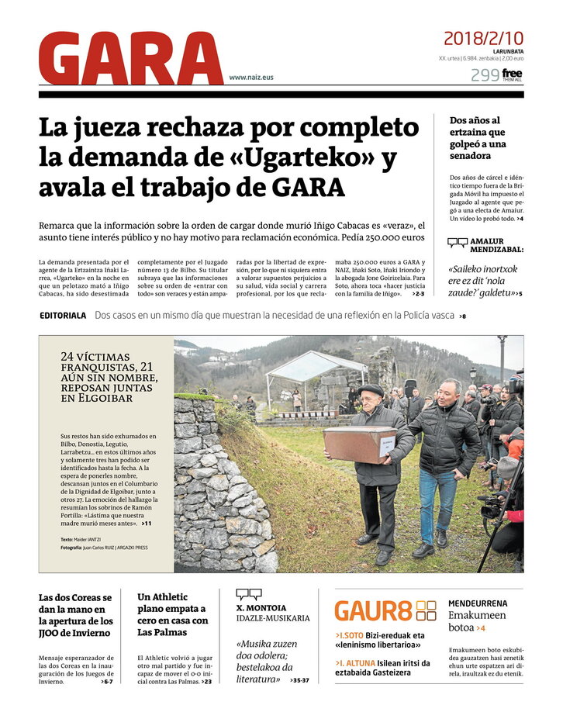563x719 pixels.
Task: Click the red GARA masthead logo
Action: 130,59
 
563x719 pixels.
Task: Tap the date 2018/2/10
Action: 483,38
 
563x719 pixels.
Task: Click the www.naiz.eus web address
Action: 250,77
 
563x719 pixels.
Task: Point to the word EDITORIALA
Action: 63,316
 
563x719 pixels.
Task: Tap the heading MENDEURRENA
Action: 478,603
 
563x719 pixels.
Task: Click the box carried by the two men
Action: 361,444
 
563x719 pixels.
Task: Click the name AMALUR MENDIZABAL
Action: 496,246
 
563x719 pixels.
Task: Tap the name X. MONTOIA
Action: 261,608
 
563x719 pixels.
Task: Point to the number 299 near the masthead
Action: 484,75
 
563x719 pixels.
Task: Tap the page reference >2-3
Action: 418,294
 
